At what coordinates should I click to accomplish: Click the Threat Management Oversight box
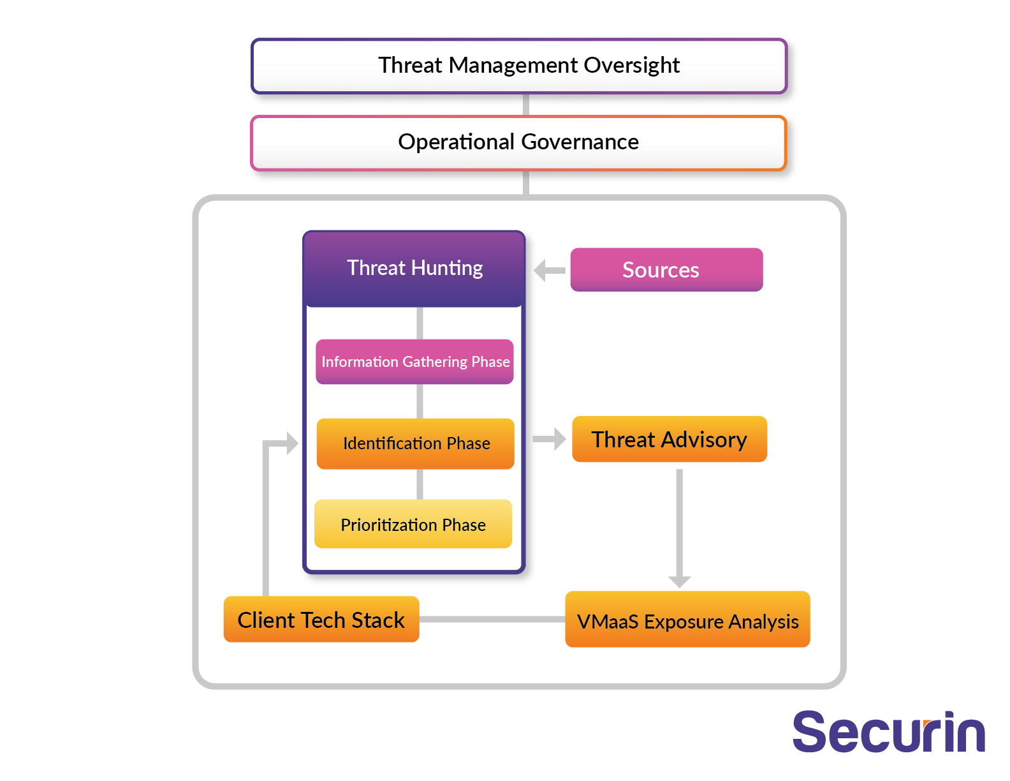point(519,66)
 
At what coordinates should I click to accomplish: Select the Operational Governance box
point(519,143)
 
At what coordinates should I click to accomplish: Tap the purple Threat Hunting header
point(414,269)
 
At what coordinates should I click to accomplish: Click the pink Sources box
point(666,270)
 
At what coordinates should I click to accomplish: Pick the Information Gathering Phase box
point(414,361)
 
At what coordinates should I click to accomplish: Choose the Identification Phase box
point(416,443)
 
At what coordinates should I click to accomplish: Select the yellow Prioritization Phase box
point(413,524)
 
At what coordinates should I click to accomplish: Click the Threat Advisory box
point(670,439)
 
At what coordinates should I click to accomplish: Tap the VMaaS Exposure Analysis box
point(687,619)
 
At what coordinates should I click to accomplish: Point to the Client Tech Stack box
point(321,619)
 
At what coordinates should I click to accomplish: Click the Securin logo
point(888,731)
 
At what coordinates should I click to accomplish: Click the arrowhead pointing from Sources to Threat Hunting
point(539,271)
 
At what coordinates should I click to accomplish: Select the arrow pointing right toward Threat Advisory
point(549,439)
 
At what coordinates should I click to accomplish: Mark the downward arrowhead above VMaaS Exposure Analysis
point(680,582)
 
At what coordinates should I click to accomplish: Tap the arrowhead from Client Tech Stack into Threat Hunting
point(293,443)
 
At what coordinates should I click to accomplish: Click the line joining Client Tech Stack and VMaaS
point(492,619)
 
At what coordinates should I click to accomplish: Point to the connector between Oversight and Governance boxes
point(526,105)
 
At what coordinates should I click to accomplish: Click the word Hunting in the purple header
point(447,269)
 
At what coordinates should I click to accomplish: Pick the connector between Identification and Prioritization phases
point(420,484)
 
